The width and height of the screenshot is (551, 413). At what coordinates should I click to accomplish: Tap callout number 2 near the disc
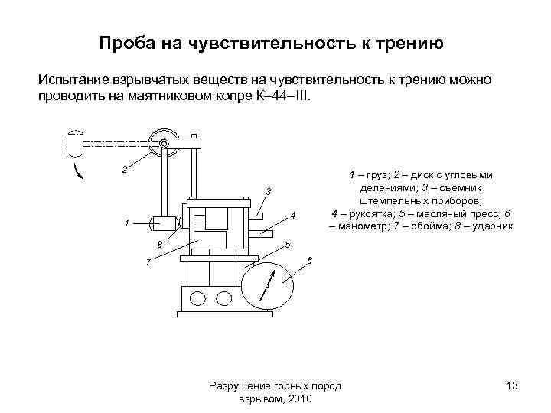pos(123,169)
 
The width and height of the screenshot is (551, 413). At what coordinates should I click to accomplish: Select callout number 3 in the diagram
pos(269,190)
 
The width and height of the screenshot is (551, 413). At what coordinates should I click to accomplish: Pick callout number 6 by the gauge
pos(308,262)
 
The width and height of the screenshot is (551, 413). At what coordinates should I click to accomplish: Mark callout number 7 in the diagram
pos(148,264)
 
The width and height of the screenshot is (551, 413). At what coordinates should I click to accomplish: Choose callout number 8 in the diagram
pos(159,245)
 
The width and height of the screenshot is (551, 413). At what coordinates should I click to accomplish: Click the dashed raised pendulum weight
pos(74,143)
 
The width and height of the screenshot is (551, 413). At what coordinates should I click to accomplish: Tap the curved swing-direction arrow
pos(77,170)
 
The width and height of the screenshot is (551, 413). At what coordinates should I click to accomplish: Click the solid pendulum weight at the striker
pos(162,223)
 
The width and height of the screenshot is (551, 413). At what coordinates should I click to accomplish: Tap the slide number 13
pos(512,387)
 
